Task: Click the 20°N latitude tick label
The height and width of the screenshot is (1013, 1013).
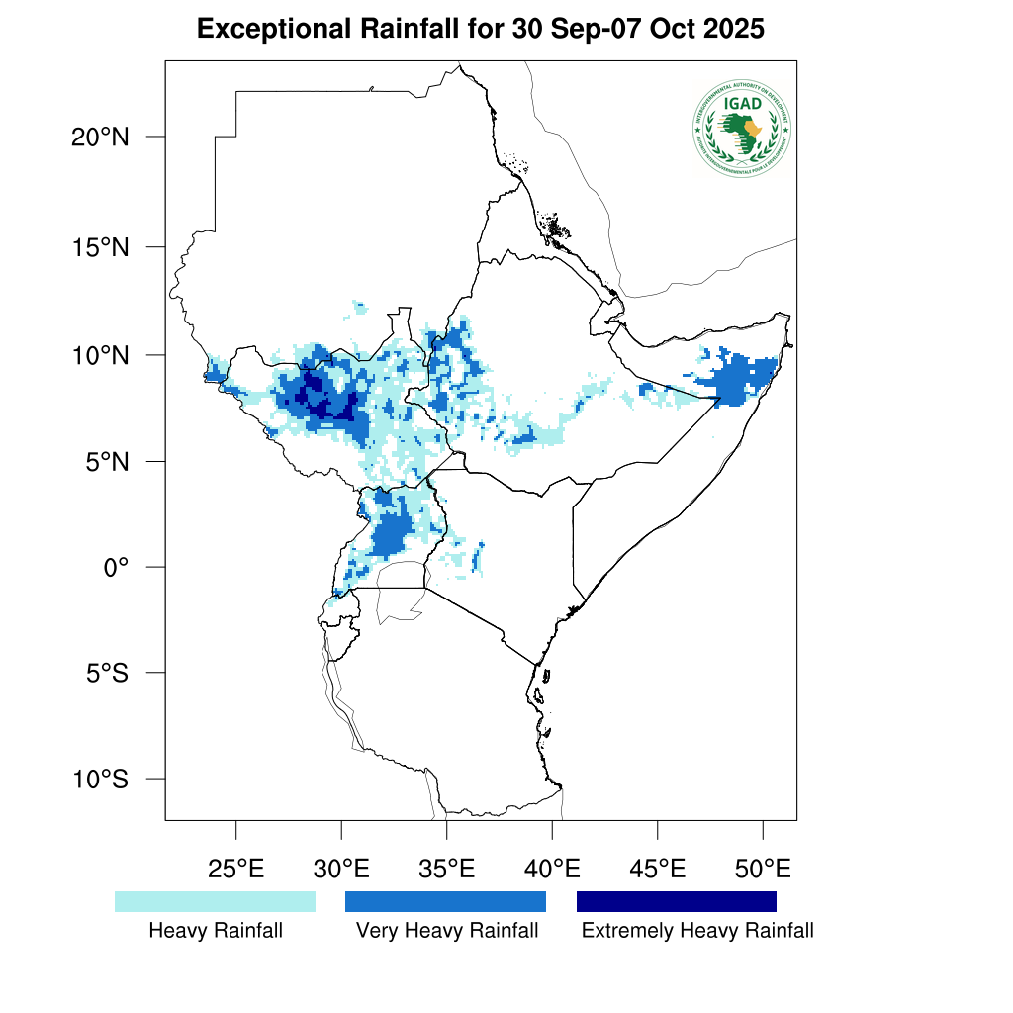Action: (100, 137)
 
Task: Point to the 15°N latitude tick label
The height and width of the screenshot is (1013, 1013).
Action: (100, 246)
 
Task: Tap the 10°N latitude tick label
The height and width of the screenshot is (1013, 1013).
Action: (100, 354)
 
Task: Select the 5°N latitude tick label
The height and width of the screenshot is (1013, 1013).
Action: (106, 461)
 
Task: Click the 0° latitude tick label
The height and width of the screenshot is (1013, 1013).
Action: (118, 567)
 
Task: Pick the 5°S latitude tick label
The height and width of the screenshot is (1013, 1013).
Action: (106, 673)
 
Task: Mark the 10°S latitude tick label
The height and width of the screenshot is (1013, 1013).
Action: (100, 779)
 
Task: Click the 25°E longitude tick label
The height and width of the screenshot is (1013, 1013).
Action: (236, 870)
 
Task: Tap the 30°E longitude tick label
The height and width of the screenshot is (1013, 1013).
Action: (341, 870)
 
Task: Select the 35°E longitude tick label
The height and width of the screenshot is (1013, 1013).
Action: (447, 870)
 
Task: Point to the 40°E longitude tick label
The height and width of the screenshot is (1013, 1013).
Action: (552, 870)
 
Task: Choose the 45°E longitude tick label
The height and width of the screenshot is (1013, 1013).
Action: (658, 870)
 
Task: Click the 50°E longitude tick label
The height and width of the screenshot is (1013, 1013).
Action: (763, 870)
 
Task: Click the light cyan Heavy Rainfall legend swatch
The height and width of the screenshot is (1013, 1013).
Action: (215, 901)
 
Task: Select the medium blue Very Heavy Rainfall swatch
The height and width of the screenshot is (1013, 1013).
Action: (445, 901)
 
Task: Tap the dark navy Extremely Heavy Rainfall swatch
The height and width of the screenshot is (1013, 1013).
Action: (677, 901)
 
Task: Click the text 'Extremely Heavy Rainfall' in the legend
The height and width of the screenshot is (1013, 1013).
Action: (697, 931)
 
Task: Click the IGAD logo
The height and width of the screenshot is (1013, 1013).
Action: (742, 127)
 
